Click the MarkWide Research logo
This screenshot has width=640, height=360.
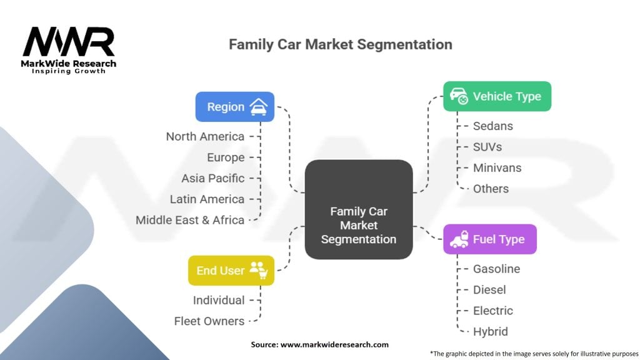[69, 49]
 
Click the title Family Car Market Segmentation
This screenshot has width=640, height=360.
[340, 44]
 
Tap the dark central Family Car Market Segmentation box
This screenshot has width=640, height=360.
[358, 209]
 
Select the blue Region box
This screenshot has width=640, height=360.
[234, 107]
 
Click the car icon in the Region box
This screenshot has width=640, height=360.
[258, 107]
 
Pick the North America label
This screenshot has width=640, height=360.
[205, 136]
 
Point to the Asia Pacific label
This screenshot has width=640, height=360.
[212, 178]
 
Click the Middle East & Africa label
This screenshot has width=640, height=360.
[190, 220]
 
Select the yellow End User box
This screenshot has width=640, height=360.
[231, 271]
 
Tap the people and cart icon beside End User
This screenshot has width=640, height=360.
[258, 270]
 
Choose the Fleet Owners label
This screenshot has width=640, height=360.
[209, 321]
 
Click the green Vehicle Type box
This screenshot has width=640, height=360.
[497, 96]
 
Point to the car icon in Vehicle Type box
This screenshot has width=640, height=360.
[459, 96]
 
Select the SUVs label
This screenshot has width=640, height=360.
[487, 147]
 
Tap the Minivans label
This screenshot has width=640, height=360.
[497, 167]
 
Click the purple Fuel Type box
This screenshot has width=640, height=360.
[489, 239]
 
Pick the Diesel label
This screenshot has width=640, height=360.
[489, 289]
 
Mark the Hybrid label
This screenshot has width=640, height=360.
[490, 331]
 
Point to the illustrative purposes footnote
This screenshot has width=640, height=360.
[534, 353]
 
